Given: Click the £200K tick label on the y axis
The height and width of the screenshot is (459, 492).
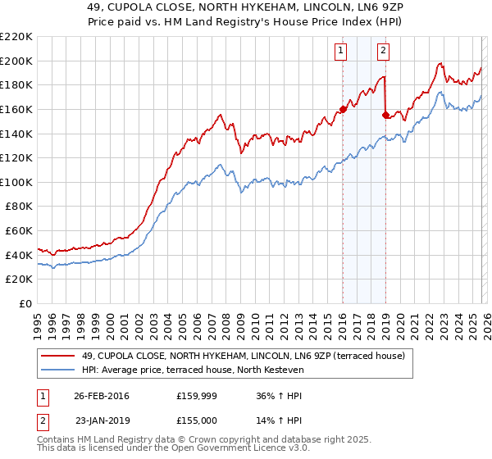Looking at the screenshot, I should (x=16, y=61).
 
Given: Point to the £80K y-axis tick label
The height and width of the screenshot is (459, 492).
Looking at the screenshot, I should (x=19, y=207).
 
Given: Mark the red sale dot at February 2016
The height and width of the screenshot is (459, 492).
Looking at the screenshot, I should (x=343, y=109).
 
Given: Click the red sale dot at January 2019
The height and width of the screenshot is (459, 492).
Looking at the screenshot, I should (x=385, y=115).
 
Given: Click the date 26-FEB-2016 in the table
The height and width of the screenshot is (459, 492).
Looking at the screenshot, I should (x=101, y=396).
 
